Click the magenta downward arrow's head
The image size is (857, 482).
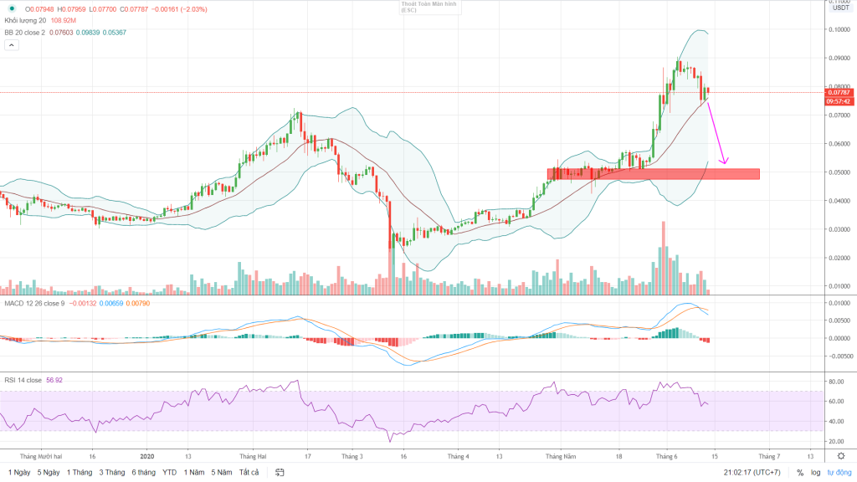(x=726, y=162)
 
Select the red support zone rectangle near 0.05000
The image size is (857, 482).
(x=653, y=174)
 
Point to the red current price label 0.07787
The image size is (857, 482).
(x=838, y=92)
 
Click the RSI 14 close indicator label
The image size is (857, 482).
(x=23, y=379)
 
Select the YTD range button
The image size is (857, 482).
(x=170, y=472)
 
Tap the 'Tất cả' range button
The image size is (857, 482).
(x=249, y=472)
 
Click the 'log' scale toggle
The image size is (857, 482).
(x=816, y=473)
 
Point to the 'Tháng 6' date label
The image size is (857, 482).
(x=667, y=457)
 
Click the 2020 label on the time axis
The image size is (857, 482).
(x=148, y=457)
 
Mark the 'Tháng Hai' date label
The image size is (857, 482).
(x=253, y=457)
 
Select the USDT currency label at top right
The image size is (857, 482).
(x=839, y=9)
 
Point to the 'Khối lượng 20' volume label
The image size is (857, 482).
(x=25, y=21)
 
